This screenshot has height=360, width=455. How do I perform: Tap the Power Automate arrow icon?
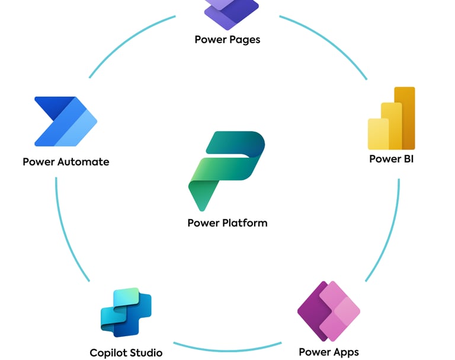click(65, 122)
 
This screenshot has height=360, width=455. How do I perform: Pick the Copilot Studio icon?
click(126, 313)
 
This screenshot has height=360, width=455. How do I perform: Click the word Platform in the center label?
click(245, 223)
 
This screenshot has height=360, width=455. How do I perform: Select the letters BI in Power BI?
click(407, 158)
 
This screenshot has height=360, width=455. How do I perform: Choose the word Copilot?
click(108, 353)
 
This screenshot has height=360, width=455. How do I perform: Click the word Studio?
click(146, 353)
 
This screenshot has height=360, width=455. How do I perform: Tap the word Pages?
click(246, 40)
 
